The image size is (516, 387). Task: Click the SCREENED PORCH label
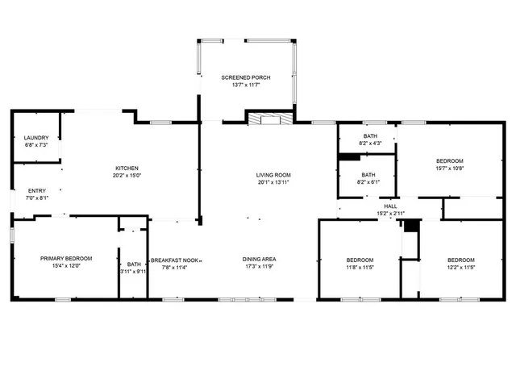[246, 77]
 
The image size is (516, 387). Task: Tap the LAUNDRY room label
[36, 138]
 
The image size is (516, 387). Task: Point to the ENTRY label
[37, 190]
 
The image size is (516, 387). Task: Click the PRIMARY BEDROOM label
[66, 258]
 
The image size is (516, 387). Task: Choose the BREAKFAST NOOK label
[175, 260]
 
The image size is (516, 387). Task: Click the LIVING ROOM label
[273, 175]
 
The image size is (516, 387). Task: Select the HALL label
[390, 206]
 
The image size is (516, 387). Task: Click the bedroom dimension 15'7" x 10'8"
[449, 169]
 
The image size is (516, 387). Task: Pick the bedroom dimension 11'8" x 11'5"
[360, 267]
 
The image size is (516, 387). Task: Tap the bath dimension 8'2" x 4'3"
[370, 144]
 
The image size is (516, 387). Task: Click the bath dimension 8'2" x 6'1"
[368, 182]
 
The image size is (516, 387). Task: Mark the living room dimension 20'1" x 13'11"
[273, 182]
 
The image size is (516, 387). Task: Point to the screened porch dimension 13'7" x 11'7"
[246, 85]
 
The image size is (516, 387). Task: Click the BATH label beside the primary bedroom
[133, 264]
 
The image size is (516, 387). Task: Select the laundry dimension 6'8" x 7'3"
[36, 145]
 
